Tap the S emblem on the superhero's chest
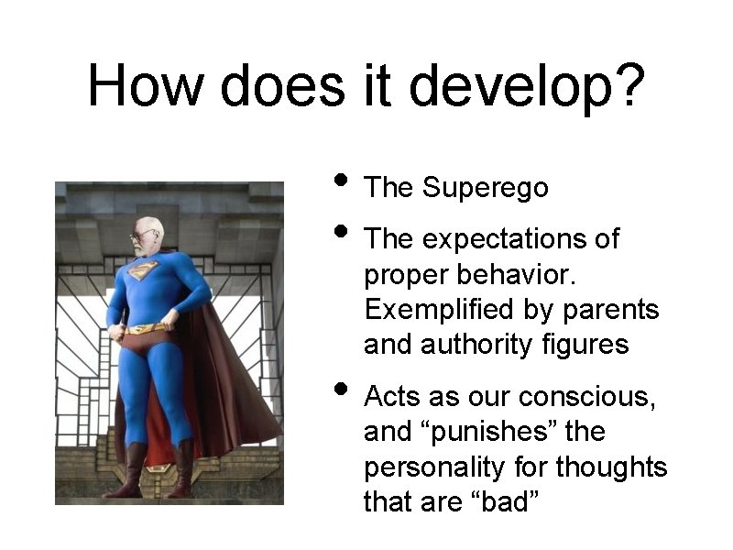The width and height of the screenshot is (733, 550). click(143, 270)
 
